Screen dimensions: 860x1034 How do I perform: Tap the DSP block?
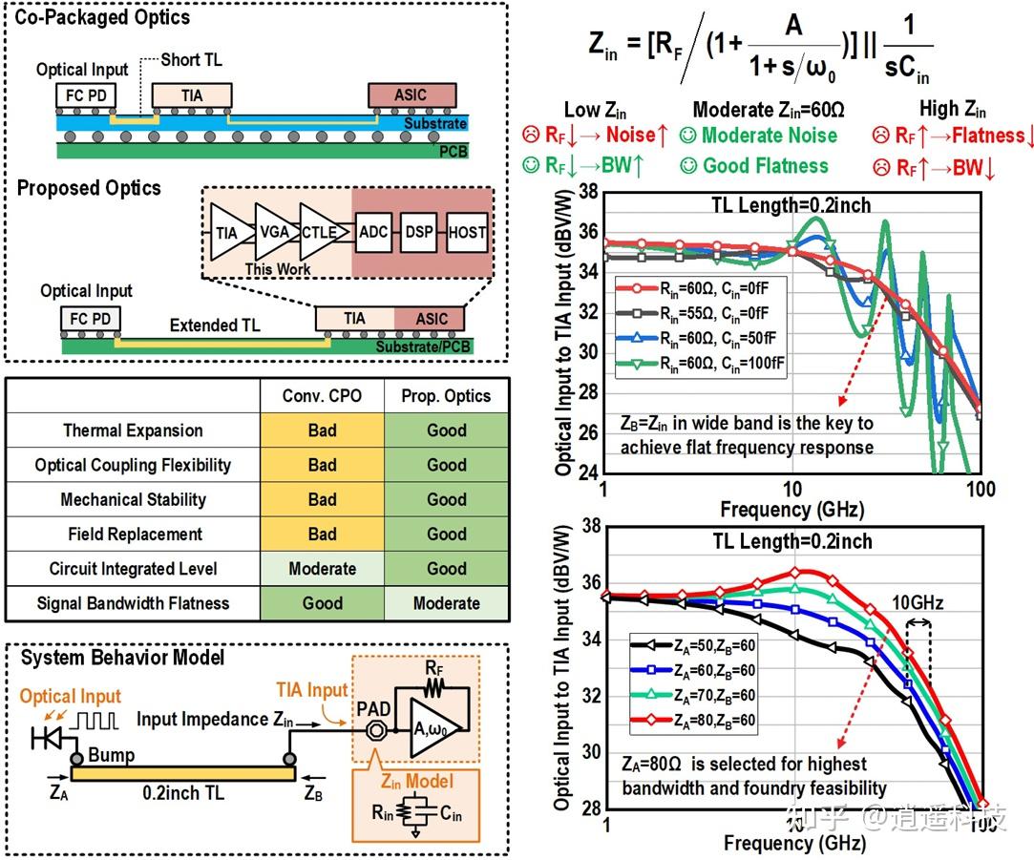tap(420, 232)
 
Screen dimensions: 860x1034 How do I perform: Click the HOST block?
tap(467, 232)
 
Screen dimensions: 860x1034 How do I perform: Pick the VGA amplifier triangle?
tap(274, 232)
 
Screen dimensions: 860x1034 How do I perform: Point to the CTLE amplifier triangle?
tap(318, 232)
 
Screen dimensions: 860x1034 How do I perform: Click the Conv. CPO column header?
tap(322, 396)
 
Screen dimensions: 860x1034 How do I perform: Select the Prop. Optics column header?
tap(446, 396)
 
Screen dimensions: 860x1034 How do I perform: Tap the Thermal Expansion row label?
tap(133, 430)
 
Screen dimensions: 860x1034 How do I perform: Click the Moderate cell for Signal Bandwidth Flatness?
tap(446, 603)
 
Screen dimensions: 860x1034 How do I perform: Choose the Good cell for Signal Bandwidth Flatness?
tap(322, 603)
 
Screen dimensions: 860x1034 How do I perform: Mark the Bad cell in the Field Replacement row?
tap(322, 535)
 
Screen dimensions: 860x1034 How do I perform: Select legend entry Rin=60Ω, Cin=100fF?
tap(702, 364)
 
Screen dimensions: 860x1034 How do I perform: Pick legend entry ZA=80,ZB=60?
tap(694, 722)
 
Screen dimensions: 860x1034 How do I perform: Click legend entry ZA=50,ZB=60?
tap(694, 646)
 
